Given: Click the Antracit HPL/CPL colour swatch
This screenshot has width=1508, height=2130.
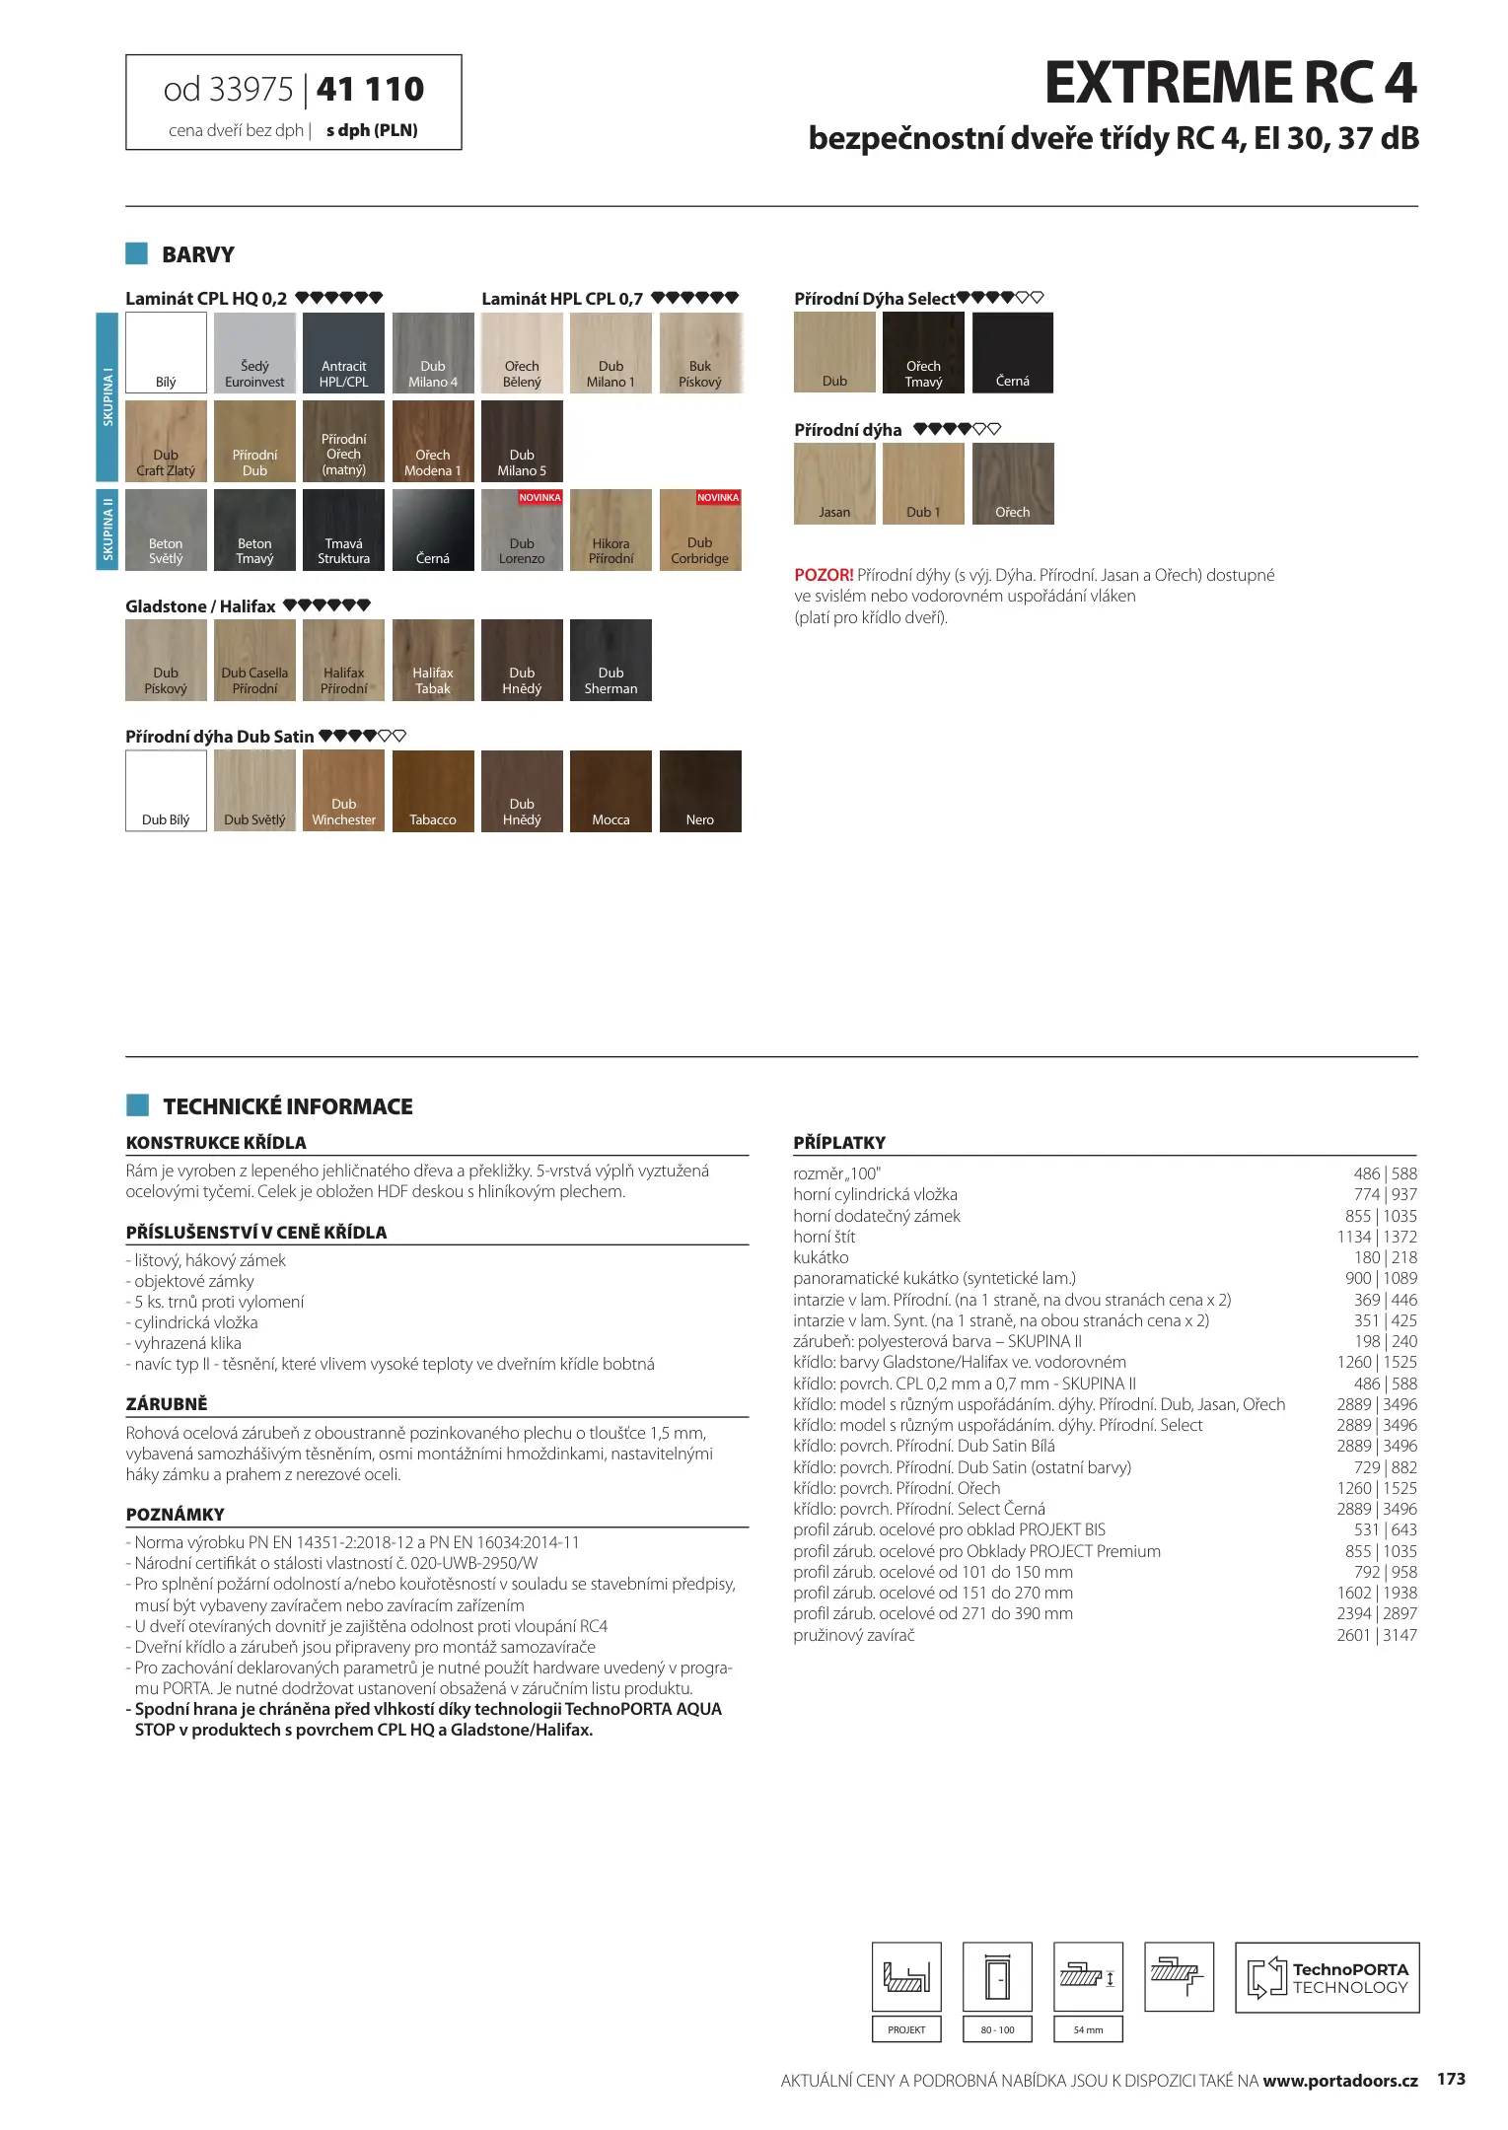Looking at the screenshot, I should tap(343, 352).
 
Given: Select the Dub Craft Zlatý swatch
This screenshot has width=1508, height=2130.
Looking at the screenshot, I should tap(166, 440).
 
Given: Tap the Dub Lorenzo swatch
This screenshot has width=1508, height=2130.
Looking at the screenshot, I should tap(522, 530).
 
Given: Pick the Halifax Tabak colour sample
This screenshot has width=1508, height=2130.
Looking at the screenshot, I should tap(432, 660).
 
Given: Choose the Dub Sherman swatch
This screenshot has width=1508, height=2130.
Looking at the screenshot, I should tap(610, 660).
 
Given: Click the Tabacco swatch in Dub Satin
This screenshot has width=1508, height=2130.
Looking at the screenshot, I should tap(432, 791).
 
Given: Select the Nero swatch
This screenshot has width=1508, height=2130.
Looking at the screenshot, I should tap(700, 791).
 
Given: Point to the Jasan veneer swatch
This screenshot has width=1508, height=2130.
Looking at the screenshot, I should tap(834, 483).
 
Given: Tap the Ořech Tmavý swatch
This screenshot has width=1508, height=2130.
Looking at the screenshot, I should tap(923, 352).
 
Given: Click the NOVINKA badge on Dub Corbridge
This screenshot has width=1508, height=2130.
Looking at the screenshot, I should tap(718, 498).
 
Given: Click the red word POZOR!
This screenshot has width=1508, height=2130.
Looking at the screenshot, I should tap(824, 575).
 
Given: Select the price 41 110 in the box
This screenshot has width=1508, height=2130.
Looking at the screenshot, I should tap(370, 90).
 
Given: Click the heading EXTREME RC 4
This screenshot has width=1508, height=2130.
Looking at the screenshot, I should tap(1230, 83).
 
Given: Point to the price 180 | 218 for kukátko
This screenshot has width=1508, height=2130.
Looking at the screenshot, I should tap(1385, 1257).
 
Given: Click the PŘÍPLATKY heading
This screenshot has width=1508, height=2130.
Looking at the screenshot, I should tap(839, 1143).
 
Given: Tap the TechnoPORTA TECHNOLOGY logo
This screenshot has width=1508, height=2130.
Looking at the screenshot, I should tap(1327, 1978).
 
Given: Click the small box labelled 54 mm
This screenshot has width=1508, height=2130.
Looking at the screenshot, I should tap(1088, 2029).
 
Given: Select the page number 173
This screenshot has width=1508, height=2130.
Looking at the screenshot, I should tap(1451, 2079).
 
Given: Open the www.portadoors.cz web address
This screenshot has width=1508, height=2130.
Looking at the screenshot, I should tap(1340, 2081).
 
